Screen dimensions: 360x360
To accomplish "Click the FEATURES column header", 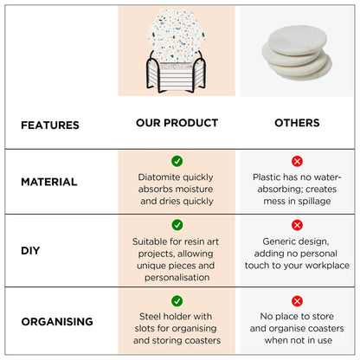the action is tap(50, 125).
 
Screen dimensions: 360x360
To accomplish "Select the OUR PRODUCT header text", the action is tap(177, 123).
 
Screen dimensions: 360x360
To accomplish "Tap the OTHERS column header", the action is tap(297, 123).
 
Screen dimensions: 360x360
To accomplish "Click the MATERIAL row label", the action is tap(49, 182).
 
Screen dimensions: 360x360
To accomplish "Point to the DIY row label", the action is tap(30, 250).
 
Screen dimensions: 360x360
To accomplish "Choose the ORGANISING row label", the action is tap(57, 321).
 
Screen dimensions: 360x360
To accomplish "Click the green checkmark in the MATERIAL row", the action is tap(177, 161).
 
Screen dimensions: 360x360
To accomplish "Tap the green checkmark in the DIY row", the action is tap(177, 225).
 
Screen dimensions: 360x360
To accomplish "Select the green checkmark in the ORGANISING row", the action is tap(177, 301).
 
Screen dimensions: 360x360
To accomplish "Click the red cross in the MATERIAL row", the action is tap(297, 161).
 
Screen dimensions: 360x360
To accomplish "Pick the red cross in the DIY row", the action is tap(297, 225).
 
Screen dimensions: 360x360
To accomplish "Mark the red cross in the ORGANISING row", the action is tap(297, 301).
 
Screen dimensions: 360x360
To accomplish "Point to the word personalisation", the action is tap(177, 278).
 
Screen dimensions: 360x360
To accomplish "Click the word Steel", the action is tap(150, 316).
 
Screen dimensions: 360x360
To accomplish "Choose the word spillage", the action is tap(314, 201).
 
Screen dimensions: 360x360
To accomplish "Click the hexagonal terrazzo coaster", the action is tap(176, 35).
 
